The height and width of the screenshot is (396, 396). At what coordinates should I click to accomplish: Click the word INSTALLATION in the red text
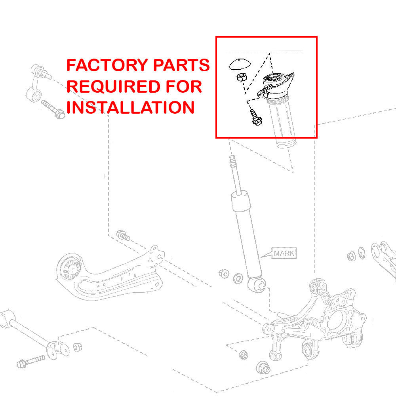click(130, 107)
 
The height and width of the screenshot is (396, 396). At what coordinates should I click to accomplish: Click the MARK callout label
click(284, 253)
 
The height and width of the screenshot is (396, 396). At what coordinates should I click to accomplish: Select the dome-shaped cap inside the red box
click(240, 64)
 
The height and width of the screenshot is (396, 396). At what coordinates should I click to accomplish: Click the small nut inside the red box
click(240, 77)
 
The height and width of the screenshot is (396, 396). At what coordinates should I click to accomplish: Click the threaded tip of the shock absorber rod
click(234, 162)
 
